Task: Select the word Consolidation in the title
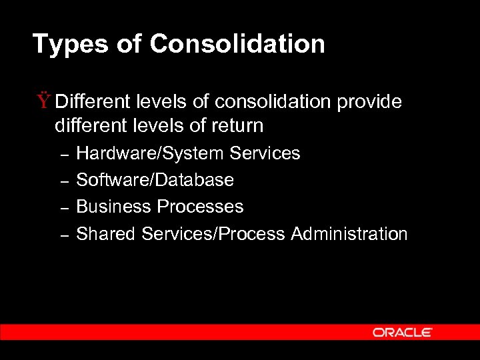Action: click(237, 44)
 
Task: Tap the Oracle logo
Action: click(402, 332)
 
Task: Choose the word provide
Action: click(369, 101)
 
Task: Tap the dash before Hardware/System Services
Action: click(65, 155)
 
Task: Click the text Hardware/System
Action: click(150, 153)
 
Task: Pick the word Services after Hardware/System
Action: click(265, 153)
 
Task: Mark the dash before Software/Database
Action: click(65, 181)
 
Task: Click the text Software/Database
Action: click(155, 180)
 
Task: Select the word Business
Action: click(114, 207)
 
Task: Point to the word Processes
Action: click(201, 207)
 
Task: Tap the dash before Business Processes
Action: click(65, 208)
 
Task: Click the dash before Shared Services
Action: click(65, 235)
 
